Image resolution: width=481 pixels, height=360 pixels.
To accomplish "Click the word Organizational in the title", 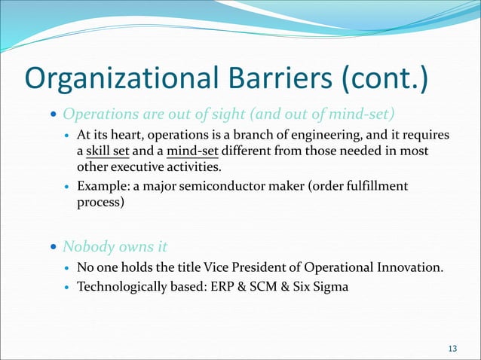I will coord(115,79).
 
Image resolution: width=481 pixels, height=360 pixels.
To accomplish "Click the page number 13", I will coord(452,347).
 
